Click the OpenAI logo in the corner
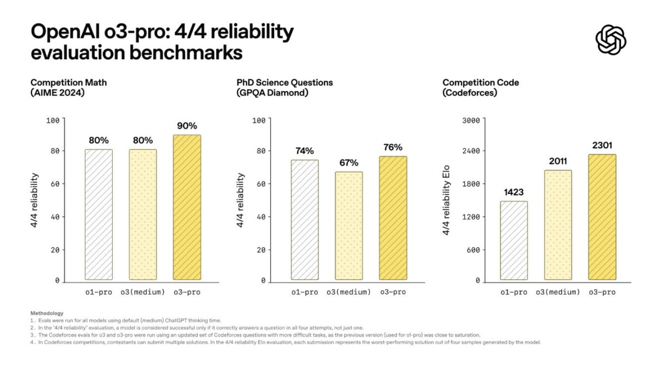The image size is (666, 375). coord(610,40)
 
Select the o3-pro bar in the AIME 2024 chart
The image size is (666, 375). coord(187,207)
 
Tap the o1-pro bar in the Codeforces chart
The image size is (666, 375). coord(514,240)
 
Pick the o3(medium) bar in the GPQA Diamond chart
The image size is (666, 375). coord(349,225)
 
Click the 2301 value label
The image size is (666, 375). coord(602,146)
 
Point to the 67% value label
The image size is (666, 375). coord(349,163)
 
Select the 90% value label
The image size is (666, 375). coord(187,126)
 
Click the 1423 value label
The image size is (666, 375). coord(514,193)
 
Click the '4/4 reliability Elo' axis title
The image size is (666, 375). coord(447,200)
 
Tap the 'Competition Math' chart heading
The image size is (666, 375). coord(69,82)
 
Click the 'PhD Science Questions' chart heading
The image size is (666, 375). coord(285,82)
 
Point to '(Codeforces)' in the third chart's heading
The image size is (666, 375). coord(470,93)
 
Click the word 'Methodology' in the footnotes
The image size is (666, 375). coord(47,313)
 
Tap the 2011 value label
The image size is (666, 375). coord(558,161)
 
